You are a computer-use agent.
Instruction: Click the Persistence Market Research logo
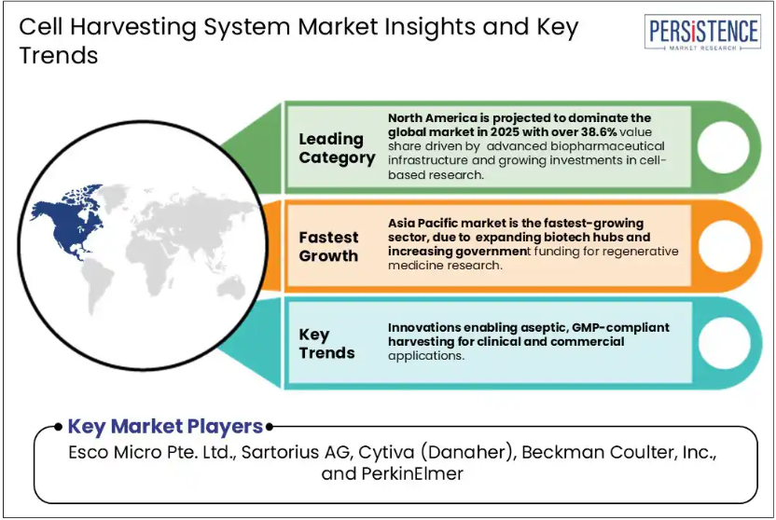pos(702,32)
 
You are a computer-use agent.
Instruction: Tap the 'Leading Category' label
pos(337,148)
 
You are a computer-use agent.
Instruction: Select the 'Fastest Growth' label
pos(328,247)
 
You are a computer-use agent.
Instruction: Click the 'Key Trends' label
pos(326,344)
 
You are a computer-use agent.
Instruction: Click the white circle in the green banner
pos(723,147)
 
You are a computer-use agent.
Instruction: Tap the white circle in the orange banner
pos(724,246)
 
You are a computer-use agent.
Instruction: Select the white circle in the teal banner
pos(725,343)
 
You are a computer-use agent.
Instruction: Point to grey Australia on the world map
pos(231,288)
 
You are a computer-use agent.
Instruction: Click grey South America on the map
pos(98,286)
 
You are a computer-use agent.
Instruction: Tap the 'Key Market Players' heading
pos(165,426)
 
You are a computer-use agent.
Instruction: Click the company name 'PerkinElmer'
pos(411,473)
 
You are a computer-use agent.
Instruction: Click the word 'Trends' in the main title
pos(59,55)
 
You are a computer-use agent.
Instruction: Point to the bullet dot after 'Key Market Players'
pos(270,427)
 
